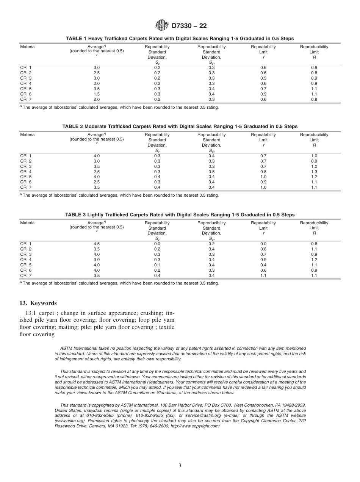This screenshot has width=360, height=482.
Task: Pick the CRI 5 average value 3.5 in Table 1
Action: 97,89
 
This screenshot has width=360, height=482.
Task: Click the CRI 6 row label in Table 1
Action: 26,94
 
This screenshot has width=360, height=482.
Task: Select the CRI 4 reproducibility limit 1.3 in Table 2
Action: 314,172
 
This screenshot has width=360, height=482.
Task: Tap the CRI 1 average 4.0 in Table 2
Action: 97,156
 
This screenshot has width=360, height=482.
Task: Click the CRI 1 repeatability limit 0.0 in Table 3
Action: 263,244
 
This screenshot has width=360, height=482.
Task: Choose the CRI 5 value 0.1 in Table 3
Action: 157,265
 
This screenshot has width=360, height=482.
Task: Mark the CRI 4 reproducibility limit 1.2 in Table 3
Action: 314,260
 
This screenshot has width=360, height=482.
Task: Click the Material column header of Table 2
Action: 28,135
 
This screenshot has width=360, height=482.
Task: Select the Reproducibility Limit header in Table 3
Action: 314,225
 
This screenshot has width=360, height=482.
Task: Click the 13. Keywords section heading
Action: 38,303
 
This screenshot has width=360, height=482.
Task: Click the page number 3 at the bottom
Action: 180,466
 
